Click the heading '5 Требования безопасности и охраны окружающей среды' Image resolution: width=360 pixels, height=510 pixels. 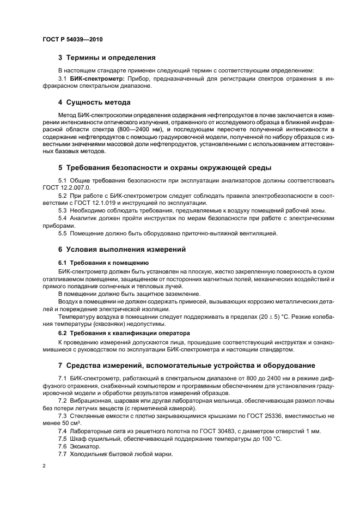coord(164,167)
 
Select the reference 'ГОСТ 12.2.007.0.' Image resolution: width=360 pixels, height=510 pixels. coord(66,187)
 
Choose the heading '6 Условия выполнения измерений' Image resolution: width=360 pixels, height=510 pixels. coord(122,250)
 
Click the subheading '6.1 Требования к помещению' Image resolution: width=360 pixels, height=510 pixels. coord(95,262)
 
